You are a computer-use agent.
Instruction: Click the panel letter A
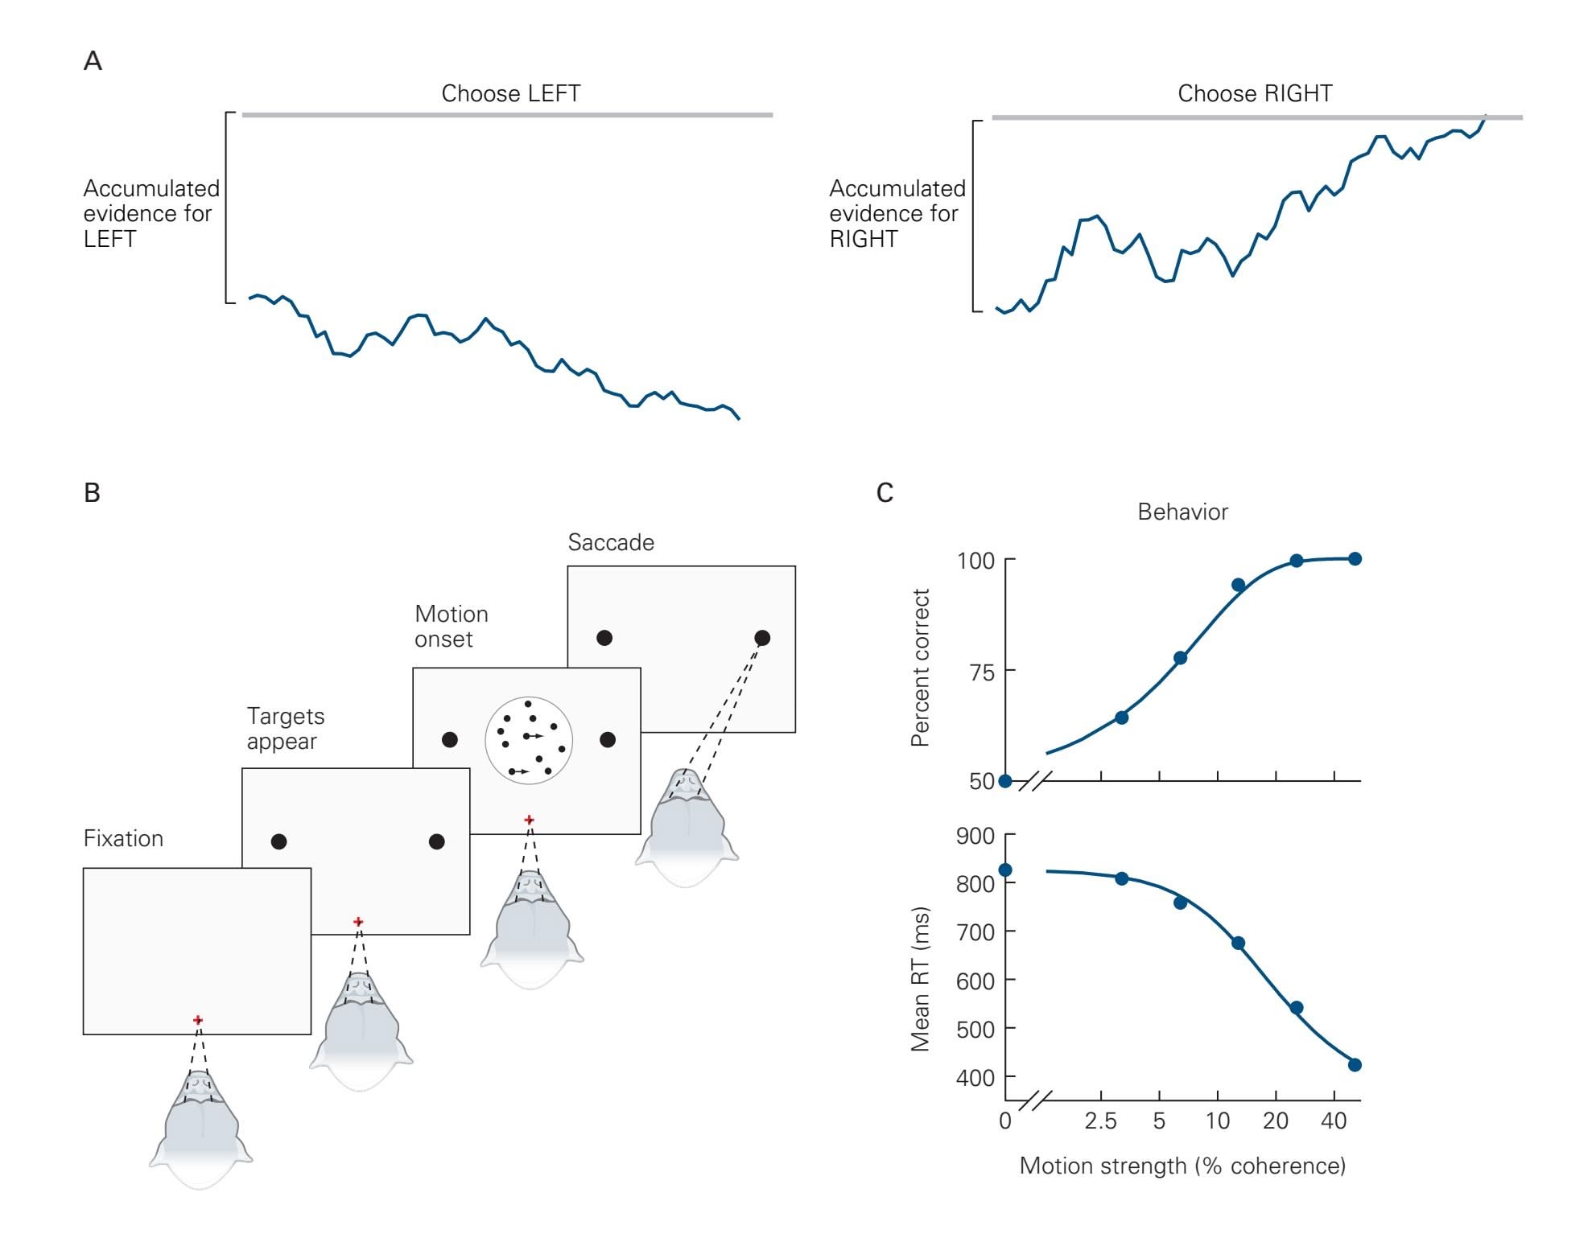(93, 61)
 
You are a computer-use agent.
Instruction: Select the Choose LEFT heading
(510, 93)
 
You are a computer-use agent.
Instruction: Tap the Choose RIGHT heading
(1254, 93)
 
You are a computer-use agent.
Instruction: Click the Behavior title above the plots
(1182, 512)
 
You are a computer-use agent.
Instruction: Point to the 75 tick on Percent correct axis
(982, 672)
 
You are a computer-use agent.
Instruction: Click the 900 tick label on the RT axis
(975, 836)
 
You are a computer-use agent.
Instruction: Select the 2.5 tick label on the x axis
(1100, 1121)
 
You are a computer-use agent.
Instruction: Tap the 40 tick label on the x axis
(1334, 1121)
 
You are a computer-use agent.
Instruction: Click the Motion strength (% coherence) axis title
(1182, 1166)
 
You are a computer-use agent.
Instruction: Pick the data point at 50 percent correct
(1005, 781)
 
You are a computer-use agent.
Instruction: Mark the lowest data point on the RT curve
(1355, 1065)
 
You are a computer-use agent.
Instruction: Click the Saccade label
(611, 542)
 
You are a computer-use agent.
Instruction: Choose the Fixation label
(123, 838)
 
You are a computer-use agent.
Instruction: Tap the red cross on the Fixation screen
(198, 1020)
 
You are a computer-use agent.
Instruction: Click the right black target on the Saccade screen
(762, 638)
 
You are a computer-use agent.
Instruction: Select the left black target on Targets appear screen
(278, 841)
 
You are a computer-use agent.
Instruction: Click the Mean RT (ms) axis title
(920, 979)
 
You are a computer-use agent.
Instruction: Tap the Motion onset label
(451, 626)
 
